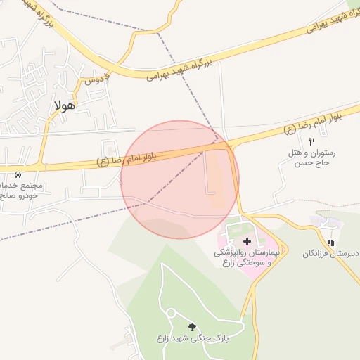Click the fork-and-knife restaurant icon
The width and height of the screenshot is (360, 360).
pyautogui.click(x=311, y=141)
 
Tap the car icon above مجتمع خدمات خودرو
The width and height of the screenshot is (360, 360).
pyautogui.click(x=18, y=174)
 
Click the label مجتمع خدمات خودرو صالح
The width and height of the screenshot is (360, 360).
pyautogui.click(x=21, y=191)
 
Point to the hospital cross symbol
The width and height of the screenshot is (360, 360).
pyautogui.click(x=246, y=241)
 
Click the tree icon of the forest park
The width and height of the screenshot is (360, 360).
pyautogui.click(x=193, y=327)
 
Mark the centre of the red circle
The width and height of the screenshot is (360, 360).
pyautogui.click(x=180, y=179)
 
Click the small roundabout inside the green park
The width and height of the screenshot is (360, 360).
pyautogui.click(x=170, y=312)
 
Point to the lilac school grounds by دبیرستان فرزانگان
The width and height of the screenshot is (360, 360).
pyautogui.click(x=325, y=223)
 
